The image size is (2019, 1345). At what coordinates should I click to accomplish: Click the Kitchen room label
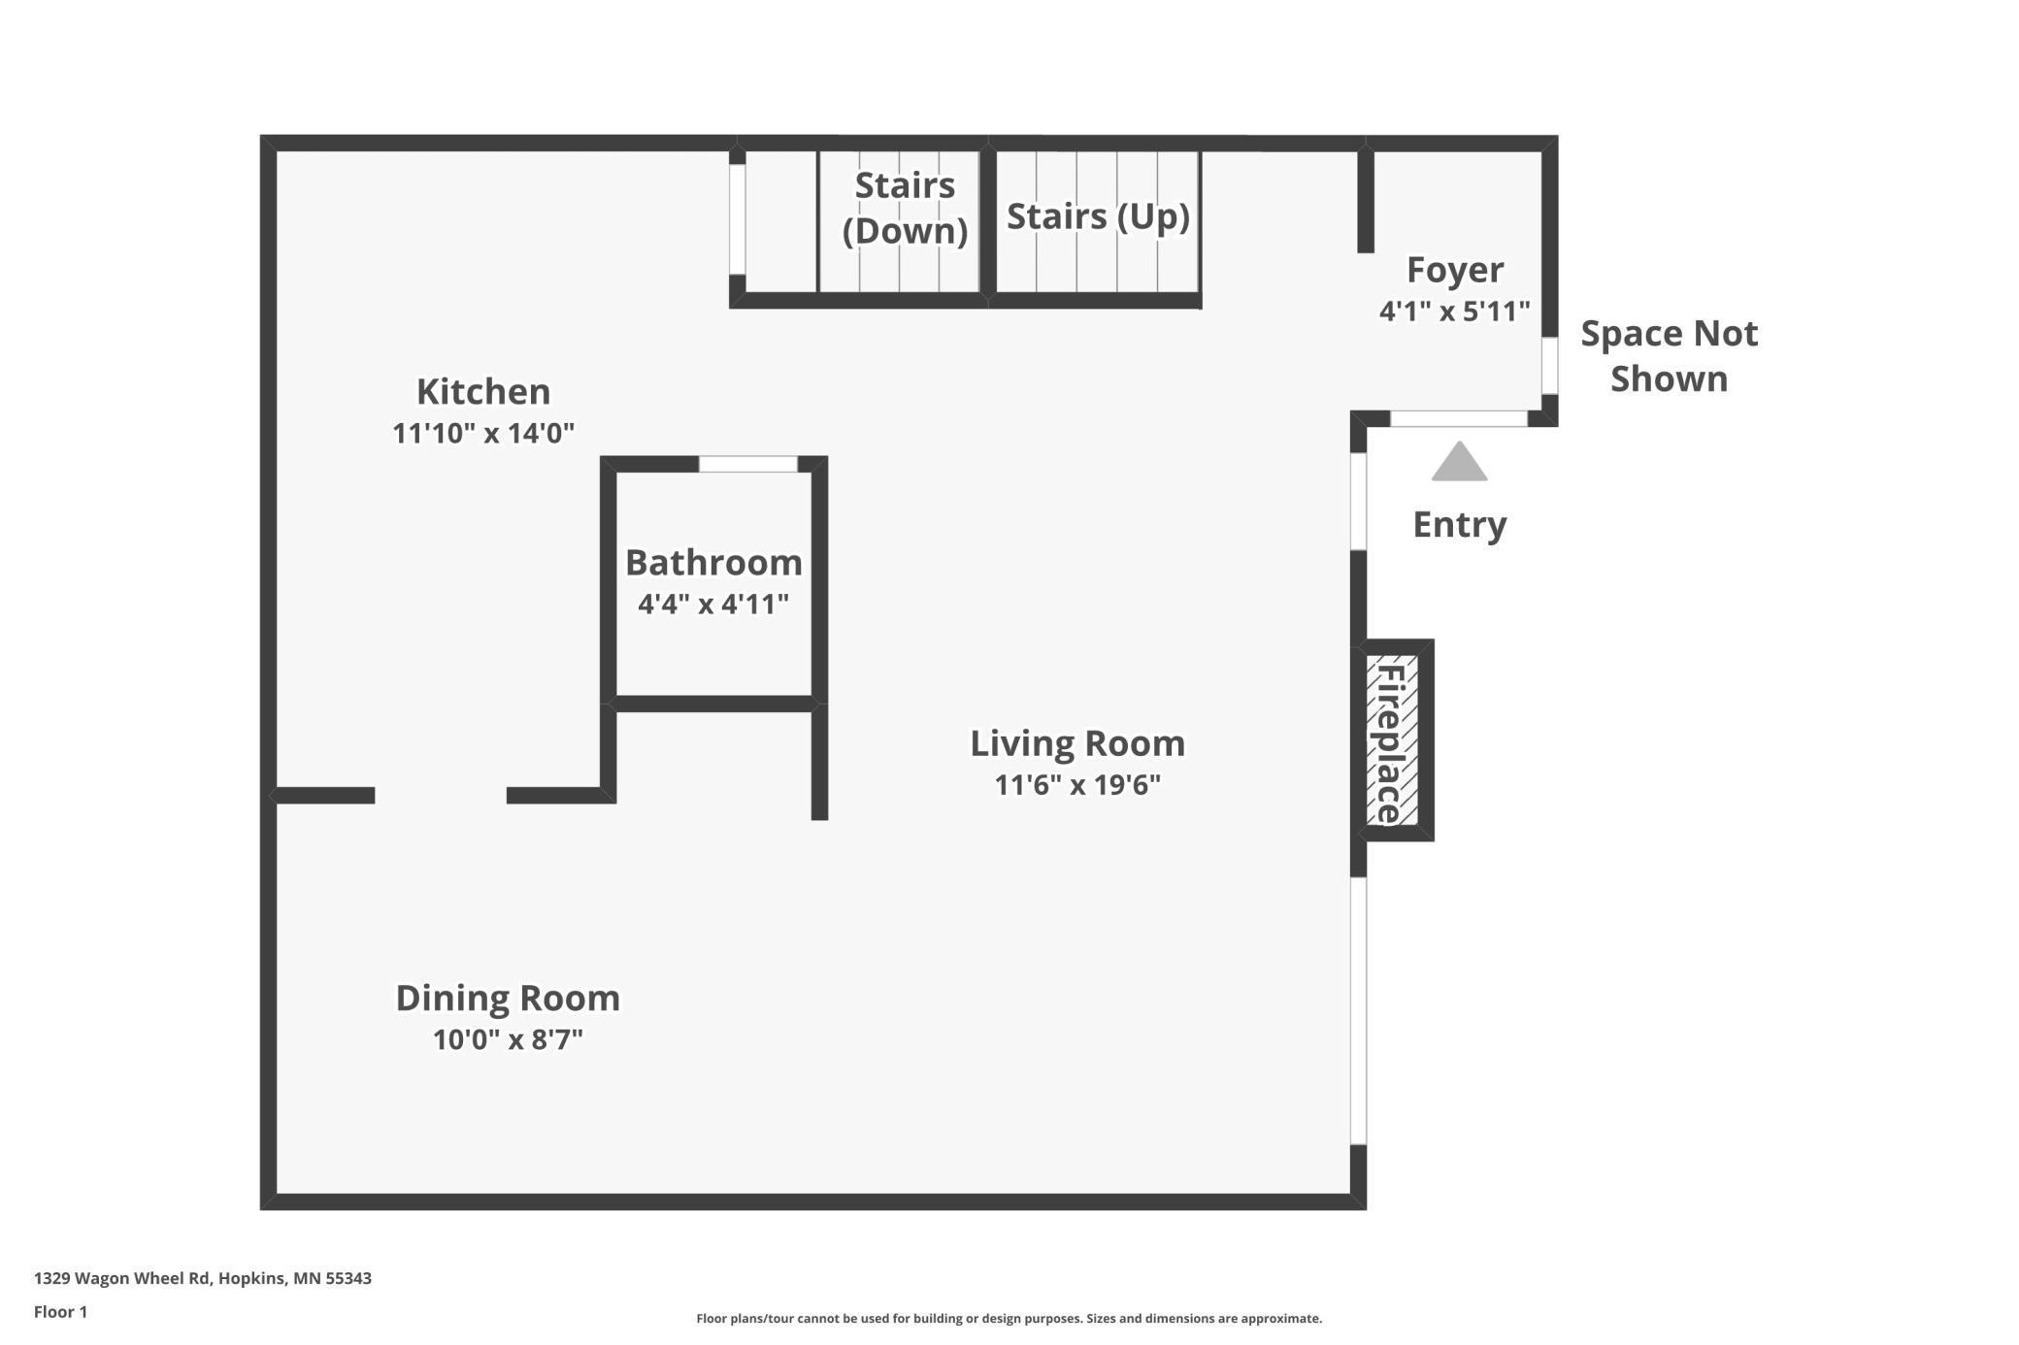point(483,391)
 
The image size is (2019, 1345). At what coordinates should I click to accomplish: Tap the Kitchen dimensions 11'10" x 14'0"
point(483,433)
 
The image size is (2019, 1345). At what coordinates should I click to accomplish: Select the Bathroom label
point(713,562)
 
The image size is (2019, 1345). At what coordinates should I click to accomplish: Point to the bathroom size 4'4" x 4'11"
point(713,604)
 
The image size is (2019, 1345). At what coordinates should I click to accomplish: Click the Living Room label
point(1077,743)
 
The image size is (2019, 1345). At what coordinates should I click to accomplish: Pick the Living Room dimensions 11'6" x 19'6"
point(1077,784)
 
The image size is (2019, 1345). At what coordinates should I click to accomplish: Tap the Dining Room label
point(508,998)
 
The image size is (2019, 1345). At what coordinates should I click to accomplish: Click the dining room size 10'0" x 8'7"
point(508,1039)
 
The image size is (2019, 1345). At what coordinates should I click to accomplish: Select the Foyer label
point(1455,270)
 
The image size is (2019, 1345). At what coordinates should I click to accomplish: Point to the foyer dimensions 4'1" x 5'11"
point(1455,312)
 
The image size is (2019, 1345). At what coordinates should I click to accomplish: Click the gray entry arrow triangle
point(1459,462)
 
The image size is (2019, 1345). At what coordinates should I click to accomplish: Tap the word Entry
point(1460,525)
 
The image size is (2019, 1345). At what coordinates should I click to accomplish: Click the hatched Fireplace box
point(1392,740)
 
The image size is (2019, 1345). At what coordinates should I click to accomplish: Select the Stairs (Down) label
point(905,208)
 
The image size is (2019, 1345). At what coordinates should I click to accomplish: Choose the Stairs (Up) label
point(1098,216)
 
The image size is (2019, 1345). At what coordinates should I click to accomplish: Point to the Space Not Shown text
point(1669,356)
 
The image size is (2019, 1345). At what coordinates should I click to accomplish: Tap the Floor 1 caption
point(60,1312)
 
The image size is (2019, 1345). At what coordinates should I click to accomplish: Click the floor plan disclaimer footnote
point(1009,1318)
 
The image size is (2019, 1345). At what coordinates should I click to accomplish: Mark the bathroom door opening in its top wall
point(748,464)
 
